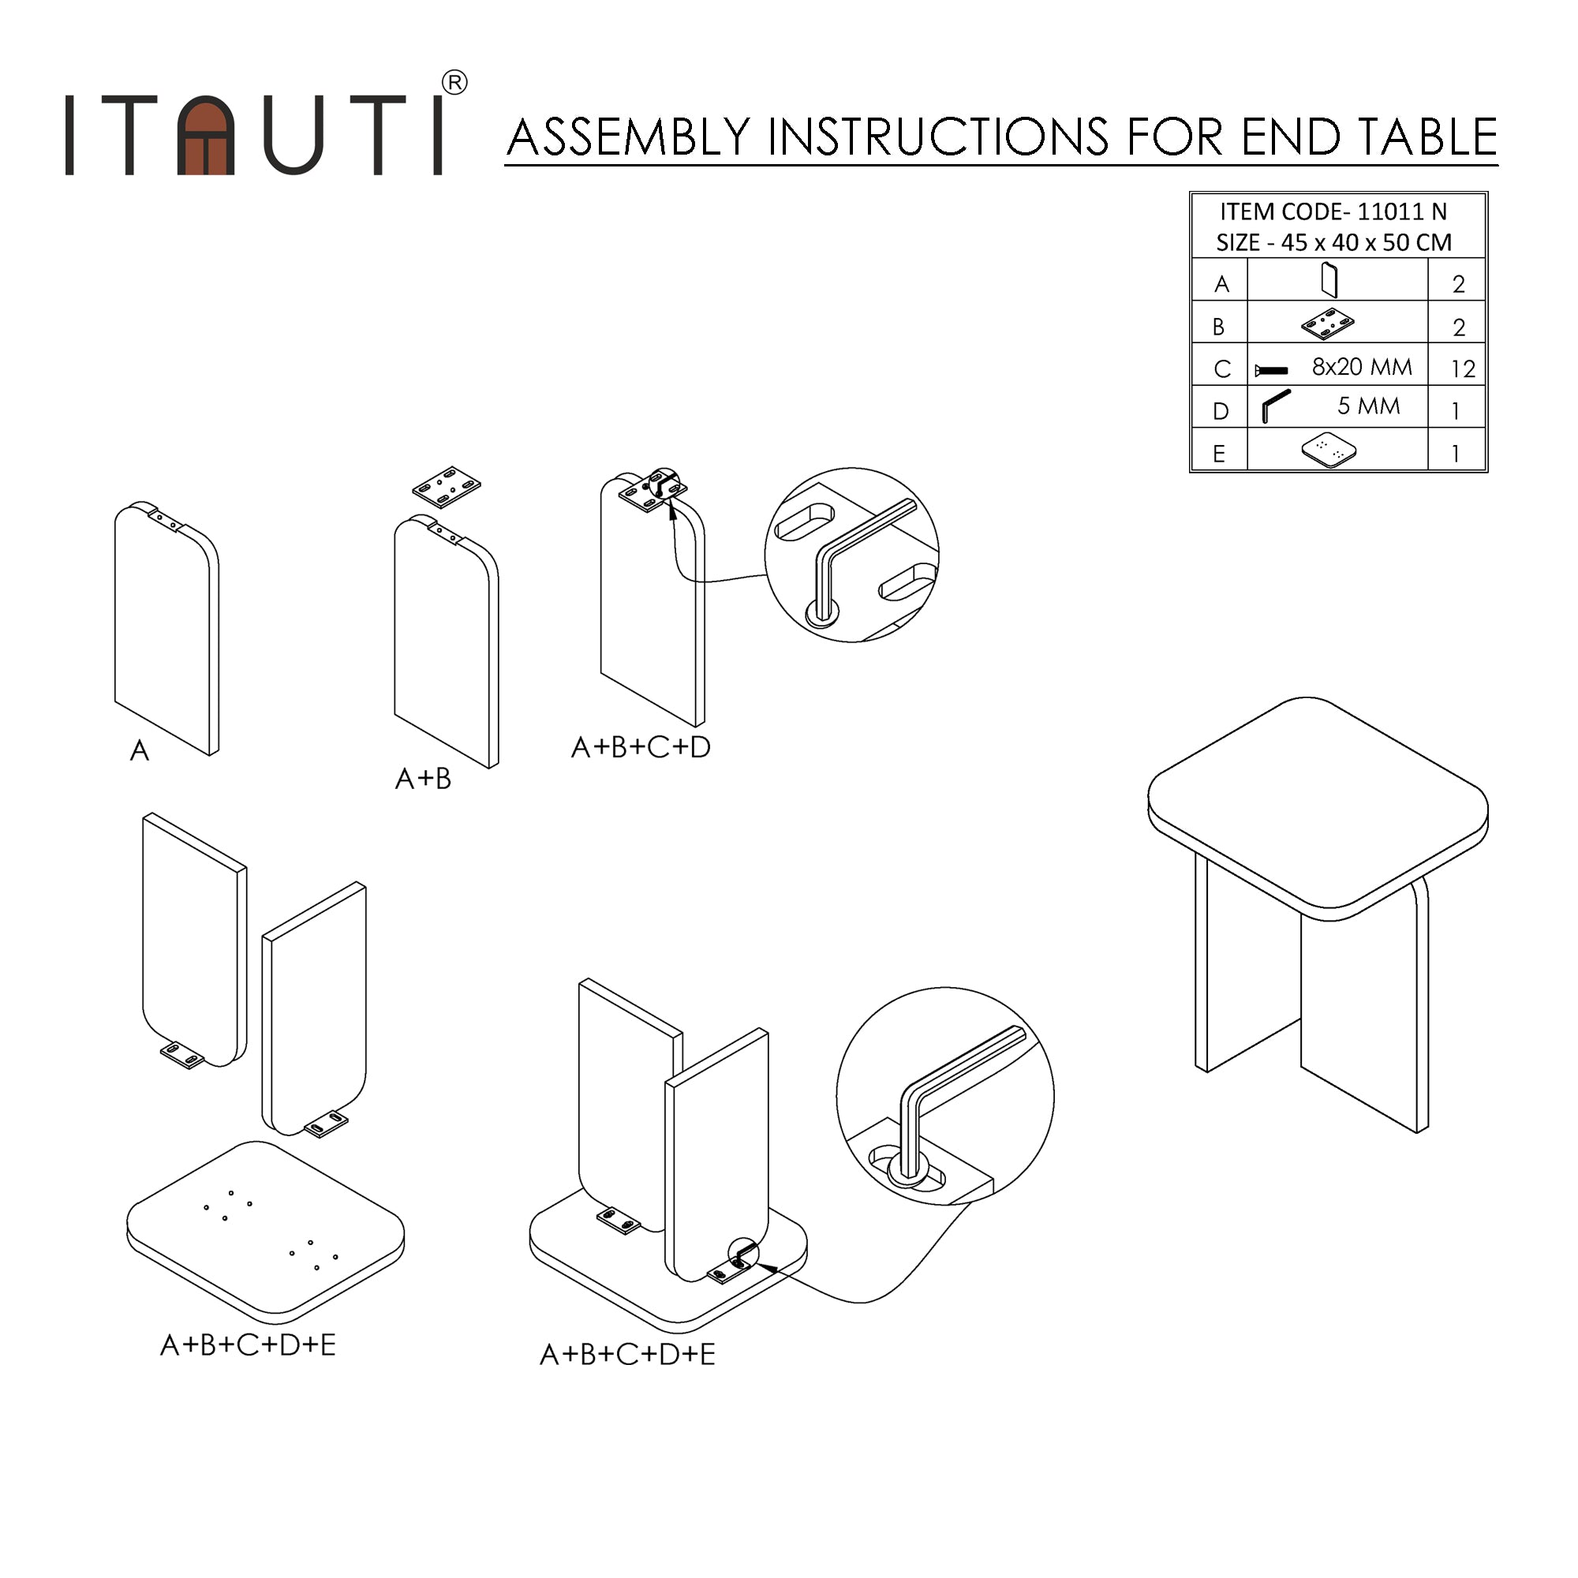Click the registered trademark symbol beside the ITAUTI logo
pos(454,83)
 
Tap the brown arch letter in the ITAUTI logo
pos(206,136)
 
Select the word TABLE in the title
pos(1427,136)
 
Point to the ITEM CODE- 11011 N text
pos(1333,211)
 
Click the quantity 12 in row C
pos(1463,369)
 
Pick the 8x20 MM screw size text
pos(1362,367)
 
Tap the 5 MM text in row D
pos(1368,406)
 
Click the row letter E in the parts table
pos(1219,454)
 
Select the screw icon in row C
pos(1271,370)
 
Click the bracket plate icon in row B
pos(1327,324)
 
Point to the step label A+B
pos(422,779)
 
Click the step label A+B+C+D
pos(641,746)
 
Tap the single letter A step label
pos(140,750)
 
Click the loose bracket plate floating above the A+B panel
pos(446,487)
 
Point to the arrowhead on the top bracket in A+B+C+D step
pos(671,510)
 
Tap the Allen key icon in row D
pos(1274,406)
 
